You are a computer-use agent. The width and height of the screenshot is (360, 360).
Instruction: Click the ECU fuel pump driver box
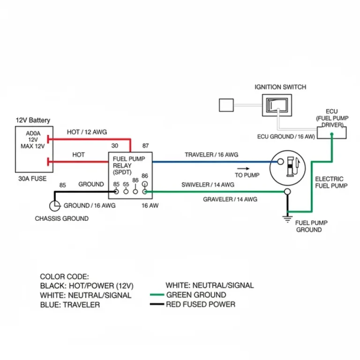(x=332, y=132)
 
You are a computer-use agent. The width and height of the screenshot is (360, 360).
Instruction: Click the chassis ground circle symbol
(x=54, y=205)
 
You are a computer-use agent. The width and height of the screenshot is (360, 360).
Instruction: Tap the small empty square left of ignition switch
(x=226, y=105)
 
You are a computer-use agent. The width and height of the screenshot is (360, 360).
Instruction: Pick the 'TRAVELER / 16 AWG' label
(x=211, y=155)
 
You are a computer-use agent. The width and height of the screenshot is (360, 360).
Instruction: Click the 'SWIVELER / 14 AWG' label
(x=208, y=185)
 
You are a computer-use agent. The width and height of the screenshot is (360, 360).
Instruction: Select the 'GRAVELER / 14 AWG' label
(x=230, y=199)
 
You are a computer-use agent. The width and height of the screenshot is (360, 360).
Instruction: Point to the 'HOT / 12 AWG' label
(x=87, y=132)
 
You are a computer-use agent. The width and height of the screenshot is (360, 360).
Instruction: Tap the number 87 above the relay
(x=146, y=146)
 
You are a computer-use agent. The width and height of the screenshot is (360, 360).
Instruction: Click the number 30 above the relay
(x=114, y=146)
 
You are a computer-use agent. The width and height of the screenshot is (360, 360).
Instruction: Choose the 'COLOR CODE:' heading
(x=64, y=277)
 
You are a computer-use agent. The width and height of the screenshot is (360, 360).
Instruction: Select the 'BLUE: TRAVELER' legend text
(x=70, y=305)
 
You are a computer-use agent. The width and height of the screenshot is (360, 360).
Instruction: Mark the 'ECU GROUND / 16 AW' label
(x=286, y=136)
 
